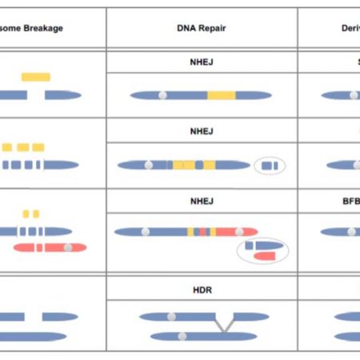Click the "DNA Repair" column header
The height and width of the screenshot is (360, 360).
coord(202,28)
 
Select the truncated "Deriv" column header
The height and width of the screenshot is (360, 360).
coord(343,28)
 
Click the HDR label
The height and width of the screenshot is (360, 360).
coord(202,289)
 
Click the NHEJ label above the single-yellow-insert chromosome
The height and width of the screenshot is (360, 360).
coord(202,61)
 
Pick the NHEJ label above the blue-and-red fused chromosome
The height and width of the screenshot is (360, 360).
coord(202,202)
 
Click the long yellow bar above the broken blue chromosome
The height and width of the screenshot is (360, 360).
coord(36,77)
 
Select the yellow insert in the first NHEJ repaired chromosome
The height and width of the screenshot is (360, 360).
coord(222,95)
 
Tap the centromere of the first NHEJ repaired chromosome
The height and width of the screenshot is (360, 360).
coord(162,95)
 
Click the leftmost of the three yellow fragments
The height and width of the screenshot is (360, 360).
coord(7,147)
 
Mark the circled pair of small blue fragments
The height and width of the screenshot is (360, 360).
coord(269,166)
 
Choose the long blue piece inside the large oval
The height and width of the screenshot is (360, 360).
coord(267,244)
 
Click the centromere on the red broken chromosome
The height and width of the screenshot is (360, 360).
coord(69,247)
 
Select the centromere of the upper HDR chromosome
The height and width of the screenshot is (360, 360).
coord(172,317)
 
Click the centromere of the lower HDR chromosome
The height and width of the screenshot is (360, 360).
coord(182,336)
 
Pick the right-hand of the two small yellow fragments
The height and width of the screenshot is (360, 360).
coord(36,214)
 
